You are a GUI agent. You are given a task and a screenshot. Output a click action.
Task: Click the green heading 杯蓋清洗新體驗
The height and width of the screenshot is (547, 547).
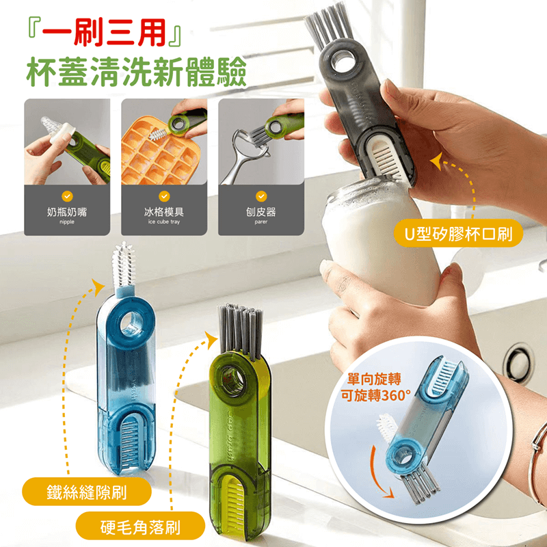pyautogui.click(x=135, y=72)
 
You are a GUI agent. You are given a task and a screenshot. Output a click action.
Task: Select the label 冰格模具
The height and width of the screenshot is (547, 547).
pyautogui.click(x=164, y=213)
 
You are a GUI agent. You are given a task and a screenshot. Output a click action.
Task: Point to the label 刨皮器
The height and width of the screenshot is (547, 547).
pyautogui.click(x=261, y=213)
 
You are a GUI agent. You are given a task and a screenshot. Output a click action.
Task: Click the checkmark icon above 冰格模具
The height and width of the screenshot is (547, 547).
pyautogui.click(x=163, y=196)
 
